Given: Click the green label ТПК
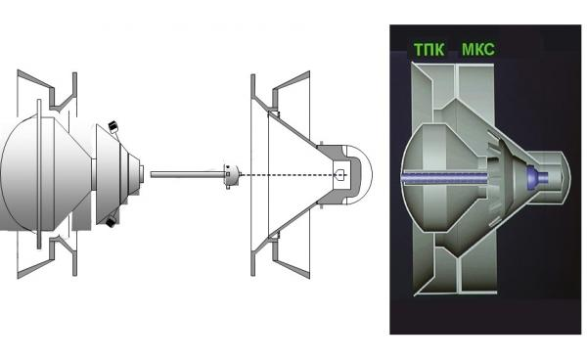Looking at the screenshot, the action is point(429,49).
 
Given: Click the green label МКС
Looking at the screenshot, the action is point(478,49).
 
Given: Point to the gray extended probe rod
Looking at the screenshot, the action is point(187,174).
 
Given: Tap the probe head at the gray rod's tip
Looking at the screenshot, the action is point(232,175).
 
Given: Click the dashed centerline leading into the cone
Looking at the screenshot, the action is point(289,175).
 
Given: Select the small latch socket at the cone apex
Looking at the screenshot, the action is point(340,175).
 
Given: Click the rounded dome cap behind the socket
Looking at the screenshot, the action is point(360,174).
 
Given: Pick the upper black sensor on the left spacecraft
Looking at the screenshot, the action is point(113,126).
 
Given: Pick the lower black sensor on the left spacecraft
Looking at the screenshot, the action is point(111,222).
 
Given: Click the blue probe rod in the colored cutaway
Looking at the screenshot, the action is point(444,177).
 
